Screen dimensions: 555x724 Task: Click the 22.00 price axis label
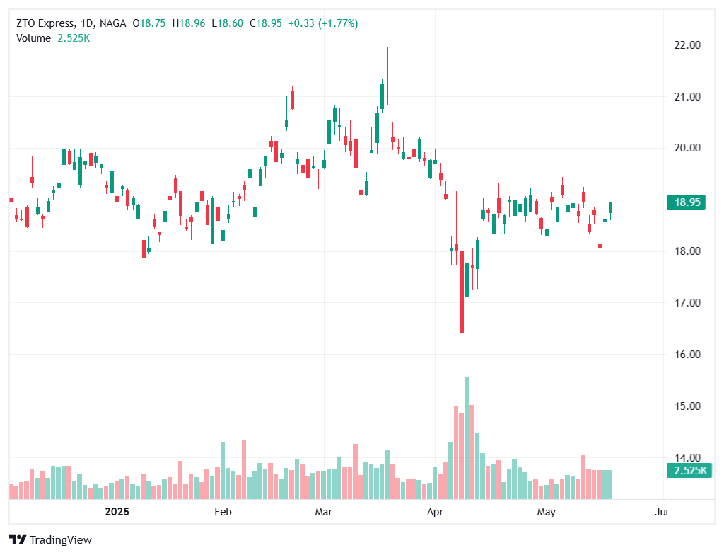click(x=687, y=45)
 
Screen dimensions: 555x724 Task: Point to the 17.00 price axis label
click(x=687, y=303)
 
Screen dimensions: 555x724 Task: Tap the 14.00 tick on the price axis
click(x=687, y=457)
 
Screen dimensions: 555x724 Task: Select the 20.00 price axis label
click(x=687, y=148)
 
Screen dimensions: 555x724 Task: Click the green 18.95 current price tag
click(x=687, y=202)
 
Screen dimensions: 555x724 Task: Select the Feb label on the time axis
click(x=223, y=511)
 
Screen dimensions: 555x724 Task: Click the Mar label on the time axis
click(x=324, y=511)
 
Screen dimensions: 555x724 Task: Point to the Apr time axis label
click(x=436, y=511)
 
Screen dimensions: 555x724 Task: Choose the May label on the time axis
click(x=546, y=511)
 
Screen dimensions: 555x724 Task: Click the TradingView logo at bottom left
click(x=50, y=539)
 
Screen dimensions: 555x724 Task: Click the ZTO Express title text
click(x=45, y=23)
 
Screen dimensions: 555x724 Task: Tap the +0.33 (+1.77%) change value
click(x=323, y=23)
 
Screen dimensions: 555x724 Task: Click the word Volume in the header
click(x=33, y=38)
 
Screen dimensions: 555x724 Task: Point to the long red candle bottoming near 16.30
click(x=462, y=290)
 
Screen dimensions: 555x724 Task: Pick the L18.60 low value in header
click(x=227, y=23)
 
